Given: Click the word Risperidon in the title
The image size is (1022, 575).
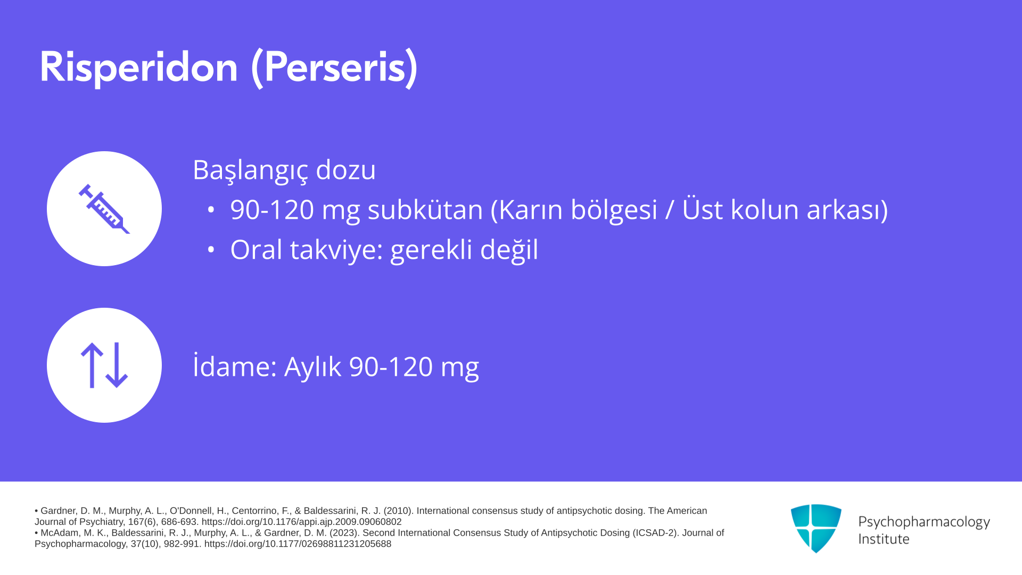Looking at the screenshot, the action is pyautogui.click(x=139, y=67).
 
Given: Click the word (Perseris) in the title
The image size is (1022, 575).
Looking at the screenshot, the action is pyautogui.click(x=335, y=68).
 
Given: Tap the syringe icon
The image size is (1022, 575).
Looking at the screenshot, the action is pyautogui.click(x=104, y=209).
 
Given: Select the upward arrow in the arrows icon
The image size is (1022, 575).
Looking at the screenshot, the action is pyautogui.click(x=92, y=365).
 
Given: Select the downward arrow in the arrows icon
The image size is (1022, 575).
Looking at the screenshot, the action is pyautogui.click(x=117, y=365).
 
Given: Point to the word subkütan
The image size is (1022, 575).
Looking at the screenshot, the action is pyautogui.click(x=425, y=209).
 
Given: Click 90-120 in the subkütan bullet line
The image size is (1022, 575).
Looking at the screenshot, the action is pyautogui.click(x=272, y=209).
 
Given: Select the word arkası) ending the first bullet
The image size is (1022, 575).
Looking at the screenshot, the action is pyautogui.click(x=847, y=209).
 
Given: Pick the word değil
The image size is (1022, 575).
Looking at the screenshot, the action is pyautogui.click(x=509, y=250).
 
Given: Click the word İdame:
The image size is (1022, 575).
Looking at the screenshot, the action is pyautogui.click(x=235, y=366).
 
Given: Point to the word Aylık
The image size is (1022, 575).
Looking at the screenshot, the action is pyautogui.click(x=312, y=367).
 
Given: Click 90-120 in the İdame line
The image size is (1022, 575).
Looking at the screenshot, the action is pyautogui.click(x=391, y=367).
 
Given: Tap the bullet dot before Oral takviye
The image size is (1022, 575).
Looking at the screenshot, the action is pyautogui.click(x=211, y=249).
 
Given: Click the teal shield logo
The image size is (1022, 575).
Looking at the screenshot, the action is pyautogui.click(x=816, y=528).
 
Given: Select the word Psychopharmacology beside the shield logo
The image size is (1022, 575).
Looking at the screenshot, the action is pyautogui.click(x=924, y=522).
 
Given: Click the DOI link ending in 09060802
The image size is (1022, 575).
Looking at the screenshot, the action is pyautogui.click(x=301, y=522).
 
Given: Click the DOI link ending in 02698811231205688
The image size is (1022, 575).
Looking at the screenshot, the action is pyautogui.click(x=298, y=544).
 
